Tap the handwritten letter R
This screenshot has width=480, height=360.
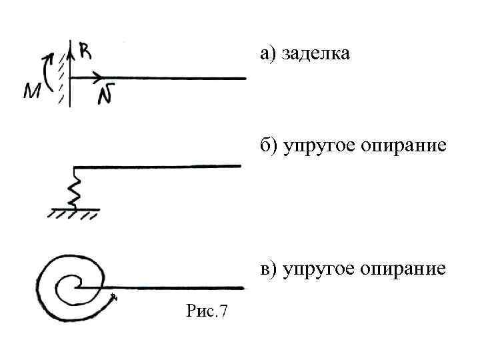[x=85, y=50]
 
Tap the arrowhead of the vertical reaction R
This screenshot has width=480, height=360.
[x=70, y=44]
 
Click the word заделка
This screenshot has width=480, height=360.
[x=315, y=53]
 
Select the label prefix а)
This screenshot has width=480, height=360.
[x=269, y=53]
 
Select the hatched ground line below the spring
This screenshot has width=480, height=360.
[x=73, y=213]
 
